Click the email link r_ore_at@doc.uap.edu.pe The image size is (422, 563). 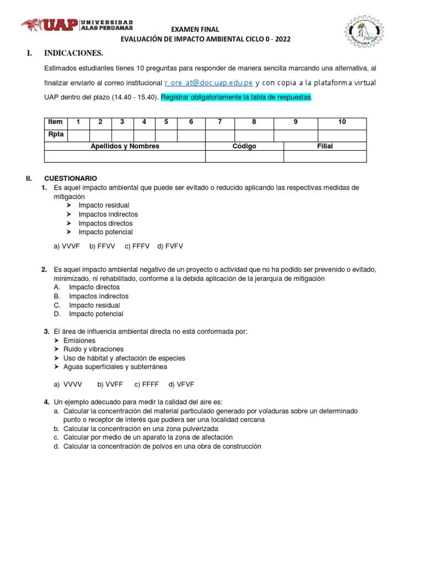tap(208, 83)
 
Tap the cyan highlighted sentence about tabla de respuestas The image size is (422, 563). tap(236, 97)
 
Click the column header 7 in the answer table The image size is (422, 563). tap(220, 122)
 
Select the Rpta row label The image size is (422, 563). tap(55, 135)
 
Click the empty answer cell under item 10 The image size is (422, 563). tap(342, 135)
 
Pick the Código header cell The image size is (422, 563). tap(244, 146)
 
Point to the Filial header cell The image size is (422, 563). tap(325, 146)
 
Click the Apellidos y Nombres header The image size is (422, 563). tap(125, 146)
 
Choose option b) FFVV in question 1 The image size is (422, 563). tap(102, 246)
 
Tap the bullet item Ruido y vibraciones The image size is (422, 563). tap(93, 349)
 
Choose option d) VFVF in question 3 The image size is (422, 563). tap(181, 384)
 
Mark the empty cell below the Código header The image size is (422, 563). tap(244, 157)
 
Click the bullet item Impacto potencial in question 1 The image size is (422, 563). tap(105, 232)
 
